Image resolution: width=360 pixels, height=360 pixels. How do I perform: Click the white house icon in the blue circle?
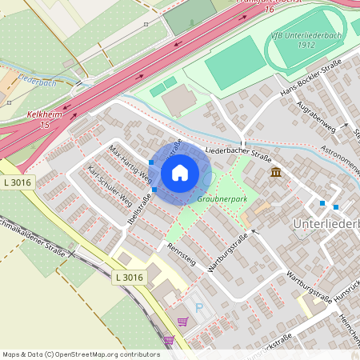tap(180, 171)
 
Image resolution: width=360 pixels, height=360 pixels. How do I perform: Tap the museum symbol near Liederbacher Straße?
tap(276, 173)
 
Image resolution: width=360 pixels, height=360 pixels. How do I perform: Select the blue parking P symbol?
tap(199, 307)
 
